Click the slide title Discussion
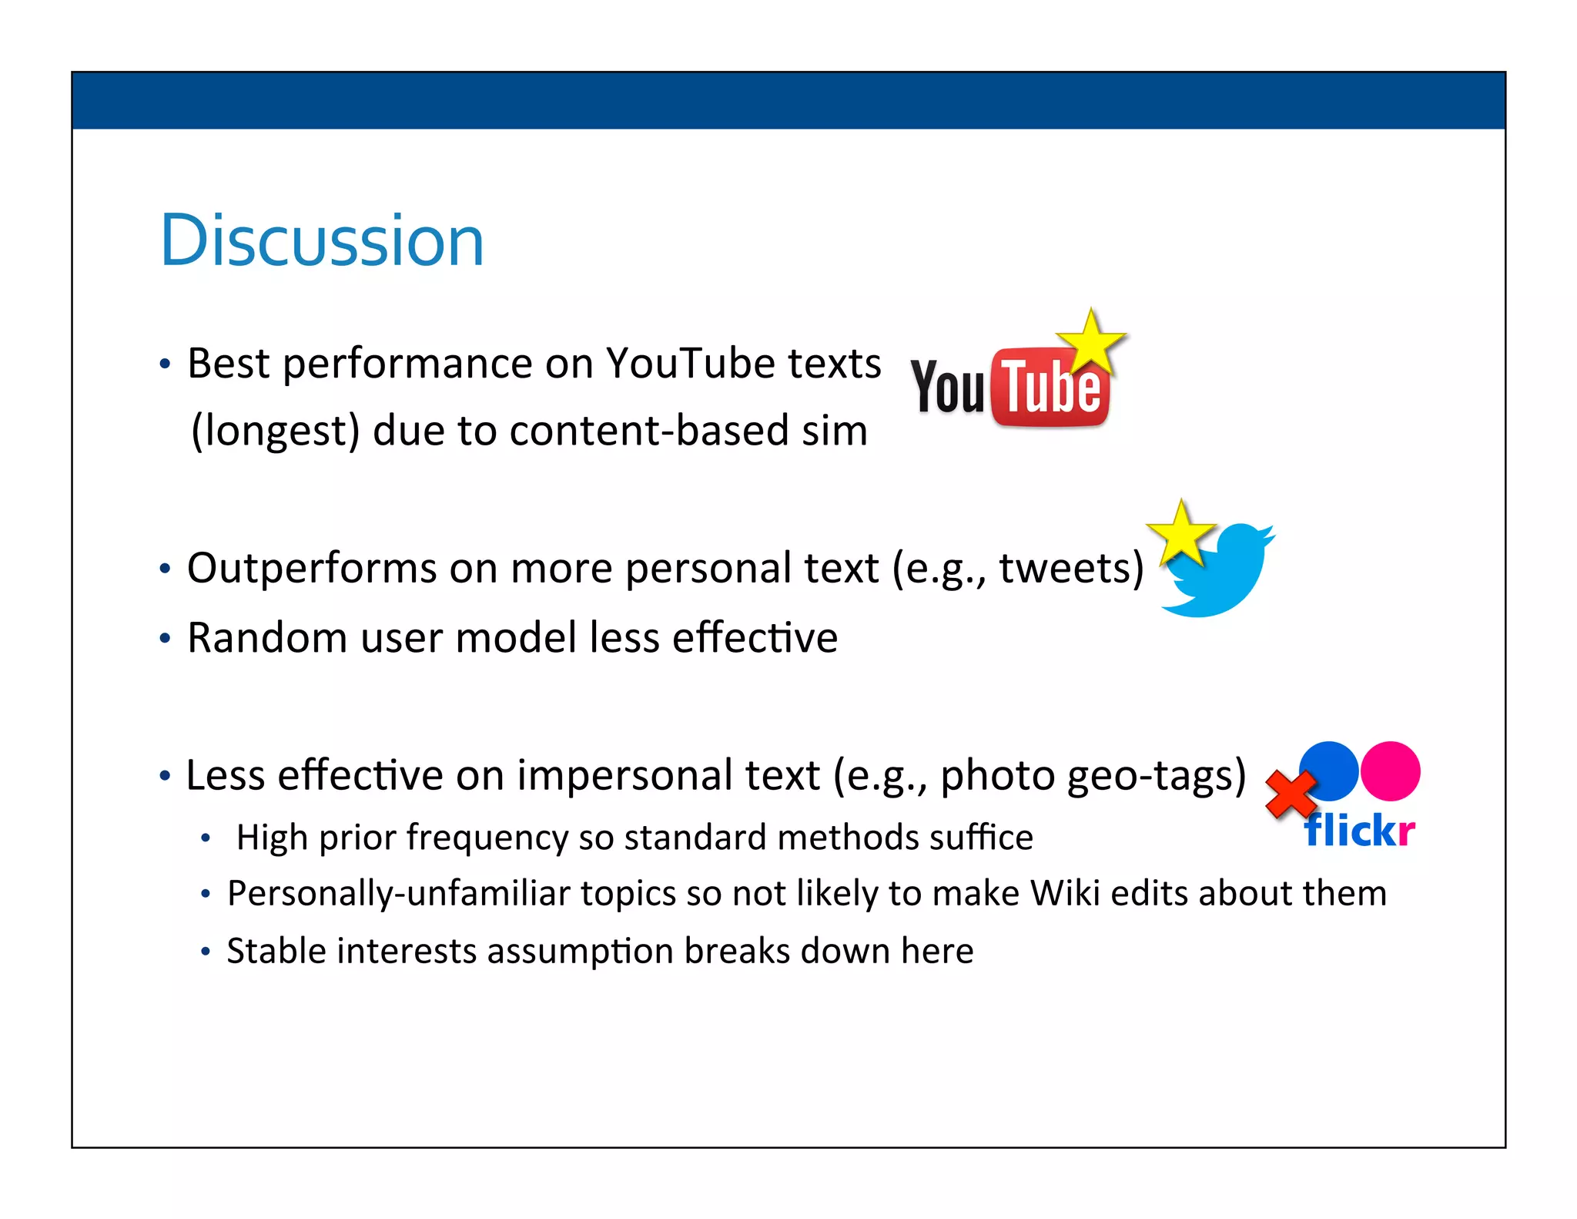pyautogui.click(x=321, y=240)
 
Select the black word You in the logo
pyautogui.click(x=948, y=388)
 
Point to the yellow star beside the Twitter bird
pyautogui.click(x=1180, y=533)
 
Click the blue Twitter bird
pyautogui.click(x=1220, y=574)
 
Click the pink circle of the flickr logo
pyautogui.click(x=1390, y=771)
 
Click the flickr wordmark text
pyautogui.click(x=1359, y=831)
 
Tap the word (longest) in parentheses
pyautogui.click(x=275, y=431)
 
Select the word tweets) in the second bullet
pyautogui.click(x=1070, y=569)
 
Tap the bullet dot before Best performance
pyautogui.click(x=164, y=364)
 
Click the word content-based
pyautogui.click(x=648, y=431)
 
